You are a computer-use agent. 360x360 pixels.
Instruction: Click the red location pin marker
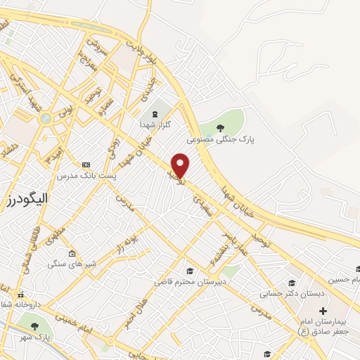pos(181,165)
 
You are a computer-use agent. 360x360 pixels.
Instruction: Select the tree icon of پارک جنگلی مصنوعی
pos(221,127)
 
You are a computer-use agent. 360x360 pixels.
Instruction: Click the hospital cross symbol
pos(323,310)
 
